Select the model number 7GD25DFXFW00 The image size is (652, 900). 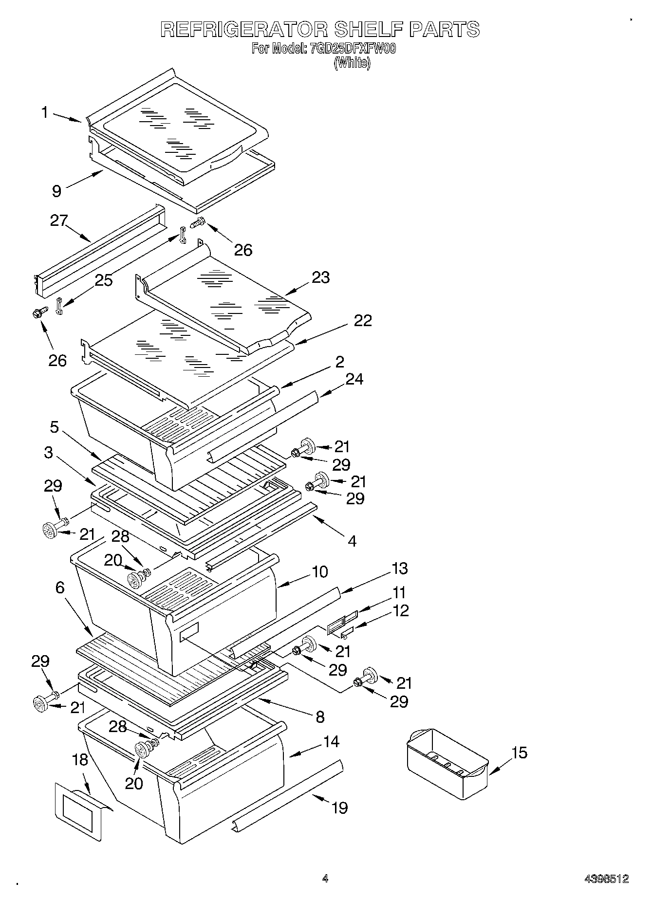point(353,49)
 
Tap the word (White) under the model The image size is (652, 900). point(352,63)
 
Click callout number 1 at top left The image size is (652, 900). point(45,113)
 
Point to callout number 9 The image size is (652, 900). point(57,191)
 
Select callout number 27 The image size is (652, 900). point(59,220)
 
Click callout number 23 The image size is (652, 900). point(321,277)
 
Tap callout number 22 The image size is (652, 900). point(363,320)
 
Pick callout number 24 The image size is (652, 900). point(354,379)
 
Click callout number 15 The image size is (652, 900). point(520,753)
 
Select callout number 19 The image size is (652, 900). point(339,808)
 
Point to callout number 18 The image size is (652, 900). point(80,760)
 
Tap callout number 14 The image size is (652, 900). point(331,742)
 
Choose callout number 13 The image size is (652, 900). point(399,569)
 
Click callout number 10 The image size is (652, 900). point(320,571)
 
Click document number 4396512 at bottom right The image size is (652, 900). point(606,879)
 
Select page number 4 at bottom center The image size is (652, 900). point(325,879)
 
